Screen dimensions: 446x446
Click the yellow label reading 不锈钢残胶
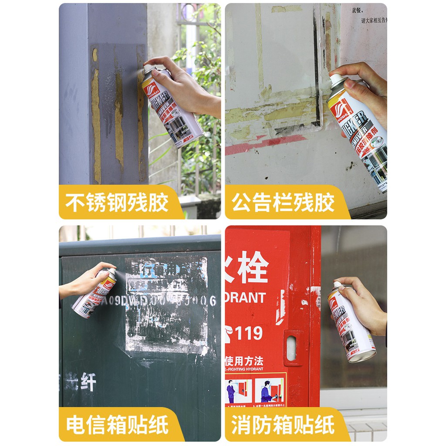117,203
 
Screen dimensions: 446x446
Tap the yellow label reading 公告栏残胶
283,203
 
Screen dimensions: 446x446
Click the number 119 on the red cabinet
249,333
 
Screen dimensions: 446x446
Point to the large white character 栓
253,267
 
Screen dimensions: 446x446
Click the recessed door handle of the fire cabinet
291,348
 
